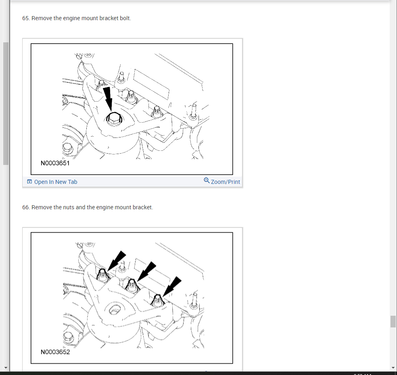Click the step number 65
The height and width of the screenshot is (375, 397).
tap(26, 18)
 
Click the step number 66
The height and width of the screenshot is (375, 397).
tap(26, 207)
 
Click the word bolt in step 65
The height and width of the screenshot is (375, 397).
tap(125, 18)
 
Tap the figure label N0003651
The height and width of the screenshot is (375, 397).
tap(55, 163)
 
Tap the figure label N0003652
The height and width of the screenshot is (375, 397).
tap(55, 352)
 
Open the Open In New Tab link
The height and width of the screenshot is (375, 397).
tap(56, 182)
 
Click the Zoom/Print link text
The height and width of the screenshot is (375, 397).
tap(226, 182)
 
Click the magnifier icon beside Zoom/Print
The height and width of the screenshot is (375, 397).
tap(207, 180)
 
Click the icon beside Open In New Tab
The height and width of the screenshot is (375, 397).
tap(29, 182)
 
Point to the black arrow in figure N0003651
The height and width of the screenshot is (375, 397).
tap(109, 99)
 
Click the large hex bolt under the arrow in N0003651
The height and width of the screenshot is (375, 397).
tap(114, 119)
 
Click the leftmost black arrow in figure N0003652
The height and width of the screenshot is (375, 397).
tap(117, 261)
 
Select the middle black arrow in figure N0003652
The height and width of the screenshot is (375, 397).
tap(146, 271)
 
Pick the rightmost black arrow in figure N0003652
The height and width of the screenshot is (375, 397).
tap(172, 286)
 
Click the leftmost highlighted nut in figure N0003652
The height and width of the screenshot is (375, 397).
tap(102, 275)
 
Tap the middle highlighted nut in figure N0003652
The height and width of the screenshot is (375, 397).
tap(132, 285)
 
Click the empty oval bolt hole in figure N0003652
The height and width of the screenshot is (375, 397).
tap(115, 310)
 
